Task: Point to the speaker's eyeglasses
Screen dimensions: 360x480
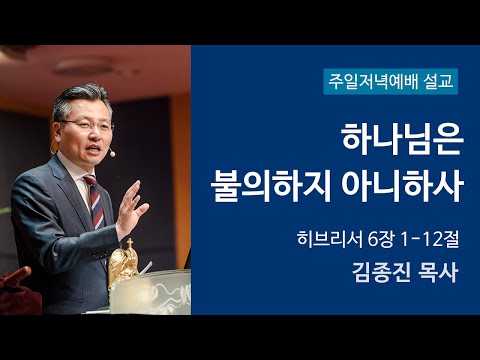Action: [88, 124]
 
